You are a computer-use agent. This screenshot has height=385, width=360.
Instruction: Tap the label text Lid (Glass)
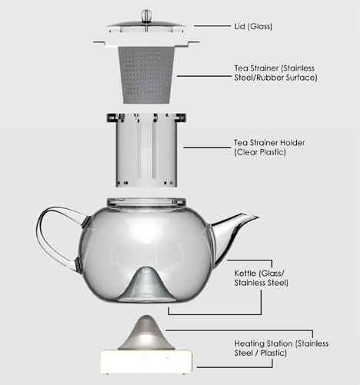[x=253, y=26]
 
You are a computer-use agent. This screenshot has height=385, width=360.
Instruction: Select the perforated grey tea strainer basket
[x=146, y=75]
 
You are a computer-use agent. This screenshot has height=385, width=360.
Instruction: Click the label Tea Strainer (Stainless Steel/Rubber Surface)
[x=275, y=73]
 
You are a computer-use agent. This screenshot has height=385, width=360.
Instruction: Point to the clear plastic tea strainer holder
[x=146, y=150]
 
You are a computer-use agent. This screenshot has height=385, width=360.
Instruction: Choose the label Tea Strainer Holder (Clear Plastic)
[x=269, y=148]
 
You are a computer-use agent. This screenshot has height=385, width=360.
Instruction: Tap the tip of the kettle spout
[x=258, y=217]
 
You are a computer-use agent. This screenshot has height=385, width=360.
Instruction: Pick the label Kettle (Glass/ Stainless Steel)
[x=262, y=278]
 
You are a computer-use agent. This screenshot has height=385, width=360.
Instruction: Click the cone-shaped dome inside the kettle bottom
[x=146, y=283]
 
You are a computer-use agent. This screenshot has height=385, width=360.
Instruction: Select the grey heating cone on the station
[x=146, y=333]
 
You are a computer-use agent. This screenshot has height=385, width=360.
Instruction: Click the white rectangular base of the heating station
[x=146, y=362]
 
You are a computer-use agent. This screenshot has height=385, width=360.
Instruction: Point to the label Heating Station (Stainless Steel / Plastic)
[x=282, y=348]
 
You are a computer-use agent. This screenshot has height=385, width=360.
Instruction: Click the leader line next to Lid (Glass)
[x=212, y=25]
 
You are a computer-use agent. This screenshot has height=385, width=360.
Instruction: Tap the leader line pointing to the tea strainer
[x=204, y=76]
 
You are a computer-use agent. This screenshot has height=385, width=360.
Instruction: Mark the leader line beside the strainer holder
[x=207, y=148]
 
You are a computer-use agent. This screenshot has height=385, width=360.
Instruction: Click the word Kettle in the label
[x=245, y=274]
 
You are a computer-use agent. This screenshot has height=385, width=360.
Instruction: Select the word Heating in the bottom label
[x=249, y=344]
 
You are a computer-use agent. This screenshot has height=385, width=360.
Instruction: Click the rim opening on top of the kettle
[x=146, y=201]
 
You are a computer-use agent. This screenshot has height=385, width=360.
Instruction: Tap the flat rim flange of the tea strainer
[x=146, y=44]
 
